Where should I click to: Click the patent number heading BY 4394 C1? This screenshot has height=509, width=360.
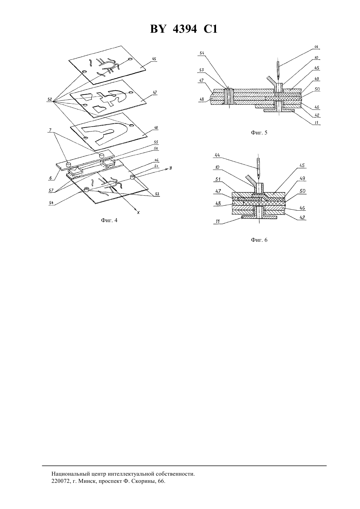coord(184,29)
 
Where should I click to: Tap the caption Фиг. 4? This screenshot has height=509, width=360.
coord(109,220)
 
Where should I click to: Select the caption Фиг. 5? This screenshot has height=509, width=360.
coord(259,132)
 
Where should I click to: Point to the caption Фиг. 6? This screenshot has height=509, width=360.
coord(259,240)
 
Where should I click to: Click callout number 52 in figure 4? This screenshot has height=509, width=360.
coord(50,99)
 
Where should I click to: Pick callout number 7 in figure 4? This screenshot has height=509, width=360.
coord(50,130)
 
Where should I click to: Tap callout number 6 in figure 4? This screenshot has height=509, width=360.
coord(50,178)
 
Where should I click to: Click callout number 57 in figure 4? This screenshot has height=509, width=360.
coord(51,190)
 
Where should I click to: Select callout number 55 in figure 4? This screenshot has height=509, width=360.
coord(156,142)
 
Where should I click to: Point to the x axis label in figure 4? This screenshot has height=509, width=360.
coord(138,212)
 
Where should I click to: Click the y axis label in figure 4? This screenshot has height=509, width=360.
coord(170,168)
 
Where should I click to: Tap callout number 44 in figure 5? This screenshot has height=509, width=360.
coord(316,47)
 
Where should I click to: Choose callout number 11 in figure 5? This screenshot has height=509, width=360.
coord(317,122)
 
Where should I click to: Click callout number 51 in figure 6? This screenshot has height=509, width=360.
coord(218,179)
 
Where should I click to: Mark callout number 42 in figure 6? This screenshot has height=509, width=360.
coord(302,217)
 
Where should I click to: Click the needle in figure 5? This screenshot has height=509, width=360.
coord(278,72)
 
